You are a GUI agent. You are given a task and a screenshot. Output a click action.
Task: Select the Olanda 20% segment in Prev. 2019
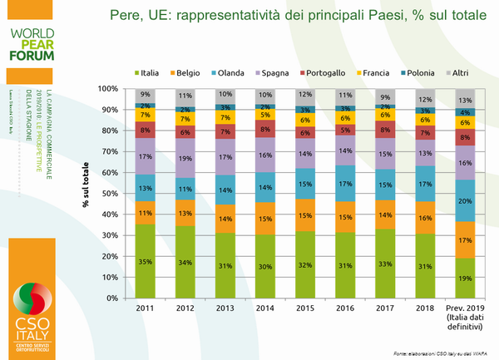click(x=466, y=200)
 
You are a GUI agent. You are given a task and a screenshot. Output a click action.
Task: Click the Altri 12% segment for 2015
click(x=306, y=95)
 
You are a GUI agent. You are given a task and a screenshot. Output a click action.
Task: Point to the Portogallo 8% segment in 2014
click(x=266, y=129)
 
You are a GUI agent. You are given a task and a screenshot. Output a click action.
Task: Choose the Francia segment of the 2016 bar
click(x=346, y=118)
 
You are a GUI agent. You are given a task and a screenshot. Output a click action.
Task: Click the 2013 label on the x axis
click(x=225, y=307)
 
